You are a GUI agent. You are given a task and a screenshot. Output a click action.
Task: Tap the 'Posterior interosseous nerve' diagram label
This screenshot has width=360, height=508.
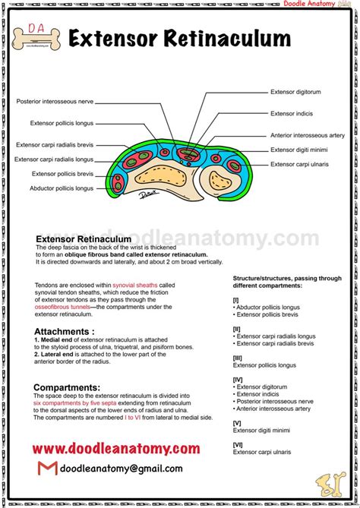pos(55,101)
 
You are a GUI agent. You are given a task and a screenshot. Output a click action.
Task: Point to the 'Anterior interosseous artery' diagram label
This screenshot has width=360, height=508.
pos(308,135)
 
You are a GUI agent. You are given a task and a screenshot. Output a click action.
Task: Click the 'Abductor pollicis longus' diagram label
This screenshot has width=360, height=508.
pos(62,188)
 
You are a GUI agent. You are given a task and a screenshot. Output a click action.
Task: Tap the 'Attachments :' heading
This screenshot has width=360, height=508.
pos(65,332)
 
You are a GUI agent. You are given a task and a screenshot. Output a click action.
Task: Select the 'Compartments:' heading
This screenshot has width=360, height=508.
pos(67,387)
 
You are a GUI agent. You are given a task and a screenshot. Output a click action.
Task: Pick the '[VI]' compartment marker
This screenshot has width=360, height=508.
pos(237,444)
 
